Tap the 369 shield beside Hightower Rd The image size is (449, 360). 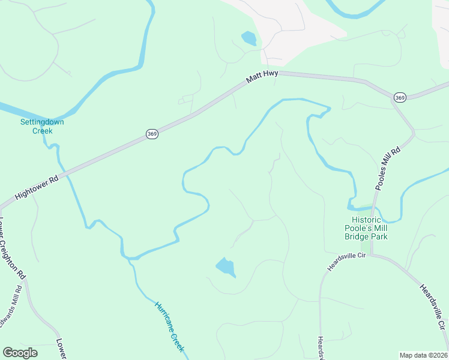152,134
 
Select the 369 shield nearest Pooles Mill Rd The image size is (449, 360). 400,97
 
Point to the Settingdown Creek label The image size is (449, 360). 42,126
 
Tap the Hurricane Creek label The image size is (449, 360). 169,326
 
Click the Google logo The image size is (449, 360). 20,353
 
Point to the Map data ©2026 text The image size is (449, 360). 424,355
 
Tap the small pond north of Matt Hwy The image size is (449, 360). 249,39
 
